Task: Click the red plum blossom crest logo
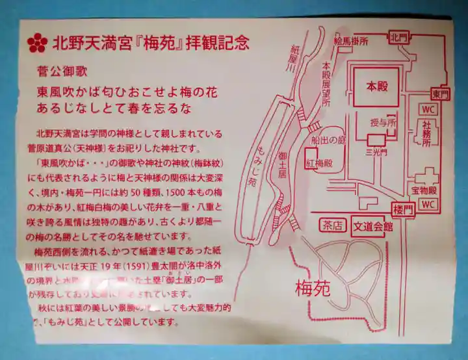coord(37,44)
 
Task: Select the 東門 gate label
coord(440,94)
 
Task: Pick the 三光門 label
coord(376,153)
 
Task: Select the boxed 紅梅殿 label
coord(319,163)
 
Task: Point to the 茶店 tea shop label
coord(331,225)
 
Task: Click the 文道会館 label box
coord(373,225)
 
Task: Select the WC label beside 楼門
coord(427,205)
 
